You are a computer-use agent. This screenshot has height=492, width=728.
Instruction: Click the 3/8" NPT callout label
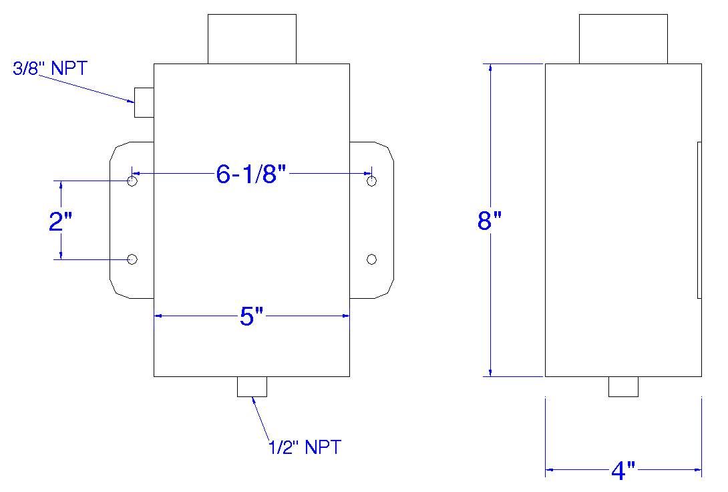click(51, 68)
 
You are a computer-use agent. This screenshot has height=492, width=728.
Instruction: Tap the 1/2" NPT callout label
click(305, 447)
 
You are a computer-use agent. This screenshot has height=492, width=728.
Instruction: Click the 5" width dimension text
click(252, 317)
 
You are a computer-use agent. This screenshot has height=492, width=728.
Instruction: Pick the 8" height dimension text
click(489, 221)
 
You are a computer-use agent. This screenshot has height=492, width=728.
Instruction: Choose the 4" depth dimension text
click(622, 471)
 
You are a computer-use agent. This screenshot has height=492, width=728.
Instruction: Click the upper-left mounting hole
click(132, 181)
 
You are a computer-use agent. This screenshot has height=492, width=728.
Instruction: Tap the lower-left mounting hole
click(132, 259)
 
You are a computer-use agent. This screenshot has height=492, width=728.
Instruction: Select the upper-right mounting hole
click(372, 181)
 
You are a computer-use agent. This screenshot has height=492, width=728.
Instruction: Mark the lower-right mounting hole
click(372, 259)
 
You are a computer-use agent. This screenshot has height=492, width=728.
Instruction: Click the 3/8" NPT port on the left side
click(144, 102)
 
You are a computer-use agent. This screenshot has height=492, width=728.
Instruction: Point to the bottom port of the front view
click(252, 386)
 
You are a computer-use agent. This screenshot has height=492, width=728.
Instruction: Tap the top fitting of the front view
click(252, 39)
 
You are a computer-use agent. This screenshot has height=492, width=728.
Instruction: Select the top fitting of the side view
click(622, 39)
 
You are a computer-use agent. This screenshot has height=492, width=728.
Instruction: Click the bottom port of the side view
click(623, 386)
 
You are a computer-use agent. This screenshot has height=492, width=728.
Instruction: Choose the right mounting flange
click(372, 220)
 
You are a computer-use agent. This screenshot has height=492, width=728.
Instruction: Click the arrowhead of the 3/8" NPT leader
click(132, 101)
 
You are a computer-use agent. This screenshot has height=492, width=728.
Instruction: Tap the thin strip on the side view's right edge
click(699, 220)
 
